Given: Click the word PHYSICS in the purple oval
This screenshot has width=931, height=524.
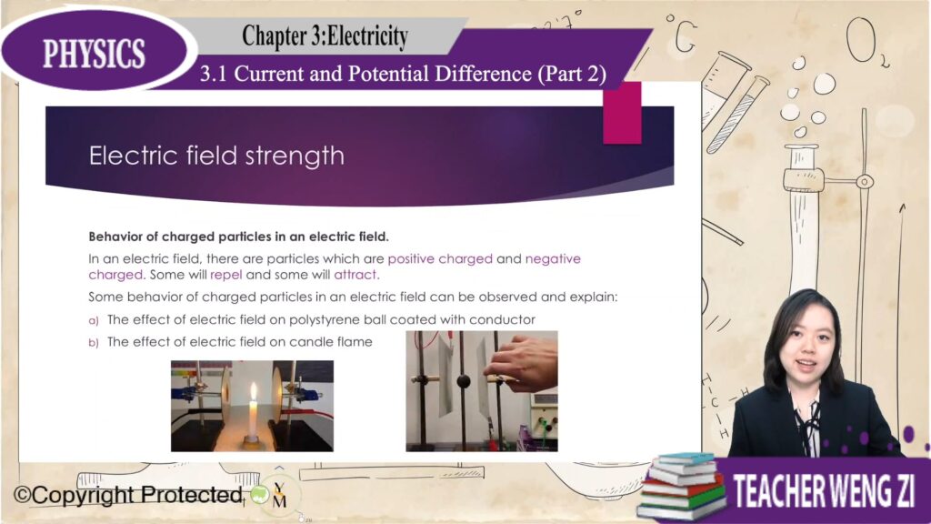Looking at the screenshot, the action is [x=94, y=53].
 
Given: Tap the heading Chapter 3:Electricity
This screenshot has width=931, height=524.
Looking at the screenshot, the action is [x=325, y=35].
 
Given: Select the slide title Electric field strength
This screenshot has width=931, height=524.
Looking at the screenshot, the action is [x=216, y=156].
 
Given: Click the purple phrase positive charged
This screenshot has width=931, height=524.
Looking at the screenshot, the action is [x=440, y=259].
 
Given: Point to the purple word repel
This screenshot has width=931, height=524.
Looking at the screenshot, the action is [x=226, y=275].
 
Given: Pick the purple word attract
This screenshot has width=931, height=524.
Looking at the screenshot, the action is [x=356, y=275].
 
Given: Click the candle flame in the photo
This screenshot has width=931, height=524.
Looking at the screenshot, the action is [x=254, y=392].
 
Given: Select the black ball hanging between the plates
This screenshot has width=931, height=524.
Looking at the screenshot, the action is [x=463, y=381].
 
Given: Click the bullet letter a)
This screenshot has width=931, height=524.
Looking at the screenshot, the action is [x=94, y=321].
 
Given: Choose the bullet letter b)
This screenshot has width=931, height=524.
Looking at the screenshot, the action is [x=94, y=343].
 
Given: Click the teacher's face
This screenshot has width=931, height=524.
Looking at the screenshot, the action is [x=807, y=345].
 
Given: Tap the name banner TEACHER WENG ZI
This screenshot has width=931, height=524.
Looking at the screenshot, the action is [x=824, y=490].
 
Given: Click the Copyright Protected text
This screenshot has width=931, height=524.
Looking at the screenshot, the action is [x=128, y=494].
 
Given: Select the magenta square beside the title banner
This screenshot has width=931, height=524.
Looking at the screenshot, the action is [x=622, y=113].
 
